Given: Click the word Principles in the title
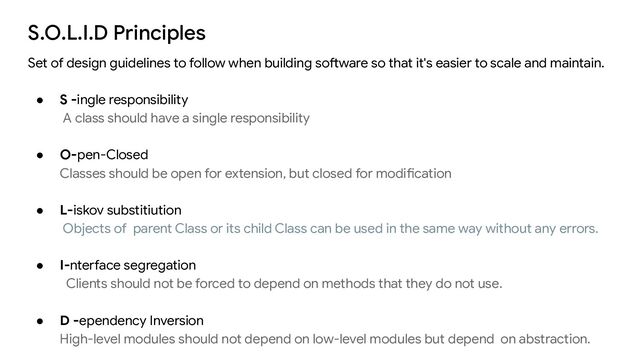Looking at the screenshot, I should pyautogui.click(x=160, y=33).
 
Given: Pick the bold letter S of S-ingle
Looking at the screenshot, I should pyautogui.click(x=64, y=100).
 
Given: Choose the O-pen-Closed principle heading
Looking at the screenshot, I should pyautogui.click(x=104, y=155).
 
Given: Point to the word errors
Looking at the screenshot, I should pyautogui.click(x=576, y=228).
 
